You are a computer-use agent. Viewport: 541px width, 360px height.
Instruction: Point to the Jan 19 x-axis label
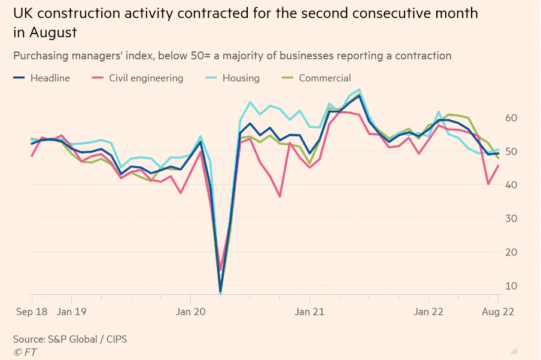click(72, 312)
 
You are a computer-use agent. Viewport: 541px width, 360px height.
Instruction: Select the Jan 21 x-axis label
click(310, 312)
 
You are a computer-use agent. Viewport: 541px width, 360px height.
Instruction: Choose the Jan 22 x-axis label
click(429, 312)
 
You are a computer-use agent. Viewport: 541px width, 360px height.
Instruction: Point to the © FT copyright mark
click(25, 352)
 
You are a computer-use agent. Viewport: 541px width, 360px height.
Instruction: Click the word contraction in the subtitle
click(418, 56)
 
